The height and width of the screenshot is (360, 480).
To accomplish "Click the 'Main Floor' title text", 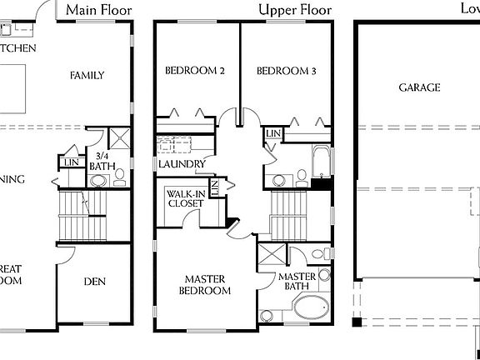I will pyautogui.click(x=99, y=10).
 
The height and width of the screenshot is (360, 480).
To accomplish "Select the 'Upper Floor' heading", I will pyautogui.click(x=294, y=10).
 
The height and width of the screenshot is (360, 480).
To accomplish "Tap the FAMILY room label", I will pyautogui.click(x=87, y=75).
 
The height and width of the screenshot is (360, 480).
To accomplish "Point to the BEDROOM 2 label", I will pyautogui.click(x=194, y=72).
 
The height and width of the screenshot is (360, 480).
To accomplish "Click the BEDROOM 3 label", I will pyautogui.click(x=286, y=72).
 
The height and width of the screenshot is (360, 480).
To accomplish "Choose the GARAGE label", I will pyautogui.click(x=419, y=87).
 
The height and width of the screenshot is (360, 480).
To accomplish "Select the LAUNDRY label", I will pyautogui.click(x=182, y=164).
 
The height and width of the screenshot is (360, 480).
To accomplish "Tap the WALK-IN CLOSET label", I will pyautogui.click(x=185, y=198).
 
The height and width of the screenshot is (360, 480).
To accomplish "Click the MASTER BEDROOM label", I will pyautogui.click(x=207, y=285).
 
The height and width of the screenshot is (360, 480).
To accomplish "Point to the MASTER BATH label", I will pyautogui.click(x=296, y=282).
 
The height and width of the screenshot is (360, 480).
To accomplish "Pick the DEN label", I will pyautogui.click(x=94, y=282).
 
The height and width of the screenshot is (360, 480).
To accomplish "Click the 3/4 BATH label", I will pyautogui.click(x=103, y=161).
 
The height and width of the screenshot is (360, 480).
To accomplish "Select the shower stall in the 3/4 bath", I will pyautogui.click(x=118, y=138).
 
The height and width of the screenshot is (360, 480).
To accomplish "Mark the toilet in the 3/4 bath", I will pyautogui.click(x=119, y=176).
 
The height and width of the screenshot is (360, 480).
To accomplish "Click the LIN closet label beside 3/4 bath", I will pyautogui.click(x=72, y=162).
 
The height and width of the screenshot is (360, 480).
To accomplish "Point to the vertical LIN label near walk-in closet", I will pyautogui.click(x=214, y=188).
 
